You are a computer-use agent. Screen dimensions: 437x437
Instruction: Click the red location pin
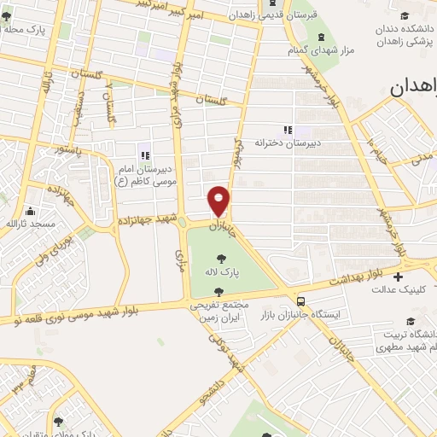pos(219,201)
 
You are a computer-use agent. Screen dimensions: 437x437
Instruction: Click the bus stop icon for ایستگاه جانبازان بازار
pos(300,300)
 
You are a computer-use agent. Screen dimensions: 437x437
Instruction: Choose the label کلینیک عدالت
pos(397,288)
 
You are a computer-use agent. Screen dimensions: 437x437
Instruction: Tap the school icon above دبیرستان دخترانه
pos(287,130)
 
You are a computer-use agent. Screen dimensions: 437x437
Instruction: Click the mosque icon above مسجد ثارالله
pos(31,211)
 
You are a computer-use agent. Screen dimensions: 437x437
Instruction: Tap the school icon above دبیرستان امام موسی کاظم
pos(145,154)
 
